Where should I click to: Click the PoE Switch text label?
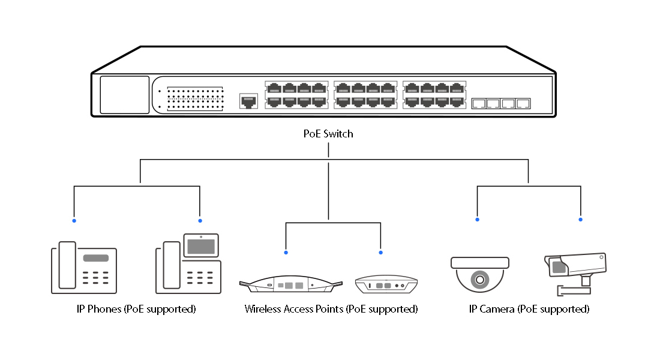(x=328, y=134)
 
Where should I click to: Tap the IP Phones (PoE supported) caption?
(x=136, y=310)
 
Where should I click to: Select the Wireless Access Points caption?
(x=331, y=310)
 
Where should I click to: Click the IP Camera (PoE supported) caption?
(x=529, y=310)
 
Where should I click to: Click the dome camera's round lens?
(x=479, y=279)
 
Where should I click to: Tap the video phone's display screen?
(x=201, y=245)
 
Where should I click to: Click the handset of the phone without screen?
(x=67, y=266)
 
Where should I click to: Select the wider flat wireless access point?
(x=290, y=285)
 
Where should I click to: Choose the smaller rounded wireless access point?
(x=386, y=284)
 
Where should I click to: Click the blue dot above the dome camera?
(x=478, y=220)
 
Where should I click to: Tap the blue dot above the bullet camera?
(x=581, y=220)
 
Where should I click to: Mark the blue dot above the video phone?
(x=200, y=221)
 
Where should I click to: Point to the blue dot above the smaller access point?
(x=381, y=252)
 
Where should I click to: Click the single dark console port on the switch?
(x=248, y=100)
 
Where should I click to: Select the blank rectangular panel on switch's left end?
(x=124, y=95)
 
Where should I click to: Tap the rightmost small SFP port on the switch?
(x=524, y=103)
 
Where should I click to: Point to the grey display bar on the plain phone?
(x=96, y=258)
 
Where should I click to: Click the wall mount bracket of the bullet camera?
(x=574, y=290)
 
